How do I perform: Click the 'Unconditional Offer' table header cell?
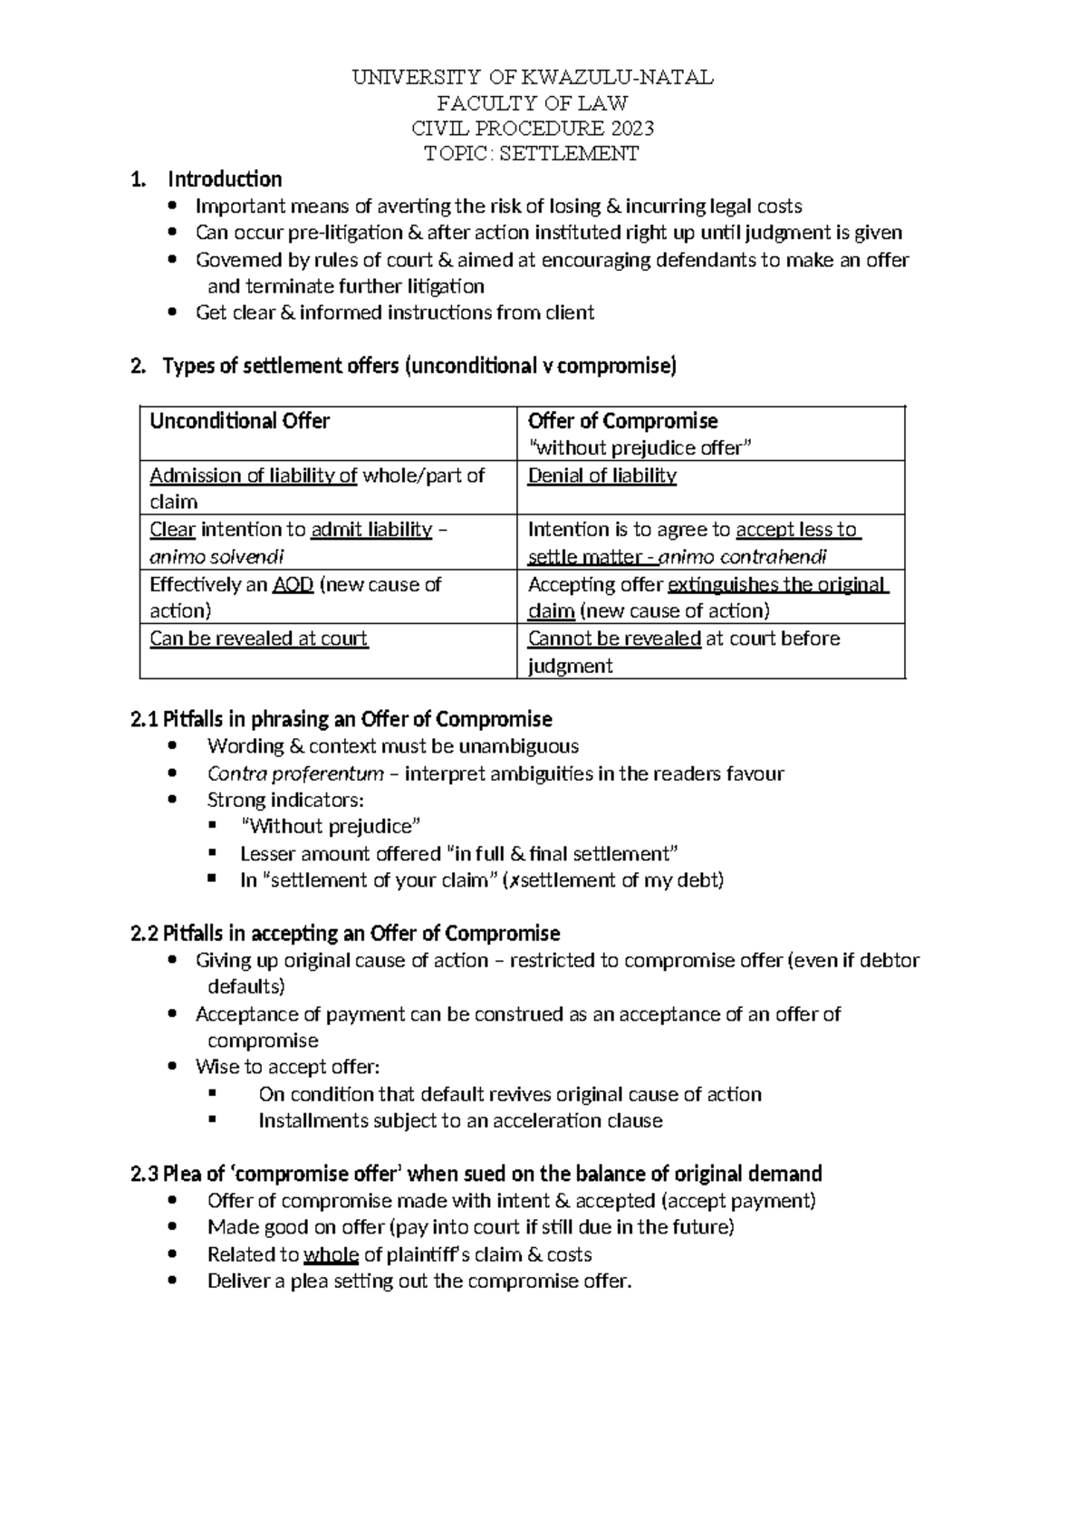coord(239,421)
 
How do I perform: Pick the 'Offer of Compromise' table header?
coord(622,421)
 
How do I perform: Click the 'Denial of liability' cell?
coord(601,475)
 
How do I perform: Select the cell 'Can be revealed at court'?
coord(258,638)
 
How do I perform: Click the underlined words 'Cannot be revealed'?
coord(614,638)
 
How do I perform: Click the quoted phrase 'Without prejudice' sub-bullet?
coord(332,826)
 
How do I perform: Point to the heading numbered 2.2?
coord(345,934)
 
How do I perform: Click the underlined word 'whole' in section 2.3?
coord(332,1254)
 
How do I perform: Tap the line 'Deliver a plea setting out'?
coord(418,1282)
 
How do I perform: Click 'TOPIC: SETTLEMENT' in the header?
coord(532,153)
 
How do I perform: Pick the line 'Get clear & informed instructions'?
coord(394,313)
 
